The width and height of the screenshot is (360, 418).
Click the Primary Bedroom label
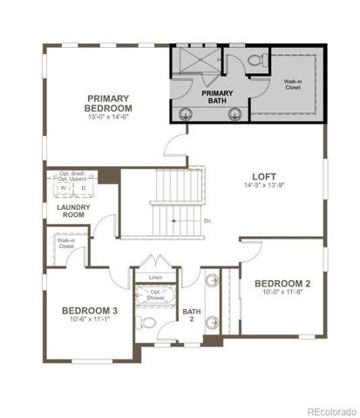click(109, 103)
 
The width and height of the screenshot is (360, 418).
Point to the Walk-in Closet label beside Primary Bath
click(293, 84)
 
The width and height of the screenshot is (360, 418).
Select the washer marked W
click(64, 188)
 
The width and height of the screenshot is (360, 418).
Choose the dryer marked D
click(83, 188)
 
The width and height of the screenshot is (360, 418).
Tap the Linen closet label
click(155, 278)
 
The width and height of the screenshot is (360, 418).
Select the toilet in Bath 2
click(149, 323)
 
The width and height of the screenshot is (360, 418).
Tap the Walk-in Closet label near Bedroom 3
click(66, 244)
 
